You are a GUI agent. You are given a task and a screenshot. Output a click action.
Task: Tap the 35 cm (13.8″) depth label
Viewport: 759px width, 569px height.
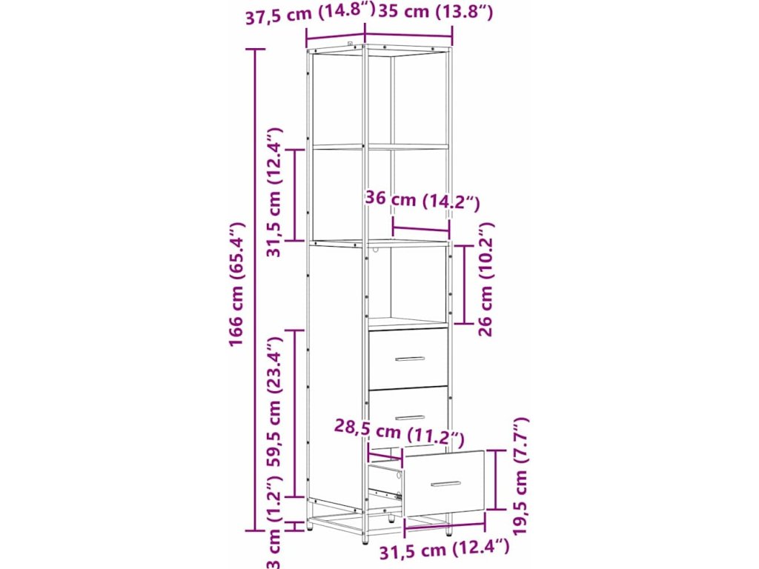click(435, 12)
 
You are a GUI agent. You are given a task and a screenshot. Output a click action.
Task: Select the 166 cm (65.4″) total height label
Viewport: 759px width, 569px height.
click(237, 284)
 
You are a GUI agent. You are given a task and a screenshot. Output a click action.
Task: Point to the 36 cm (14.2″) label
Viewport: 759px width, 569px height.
click(422, 200)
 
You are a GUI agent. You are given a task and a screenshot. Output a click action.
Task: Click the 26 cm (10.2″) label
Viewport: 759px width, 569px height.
click(485, 279)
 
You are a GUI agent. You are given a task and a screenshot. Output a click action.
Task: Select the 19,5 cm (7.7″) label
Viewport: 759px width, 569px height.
click(520, 476)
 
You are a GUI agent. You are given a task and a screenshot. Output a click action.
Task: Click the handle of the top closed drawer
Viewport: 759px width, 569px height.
click(410, 359)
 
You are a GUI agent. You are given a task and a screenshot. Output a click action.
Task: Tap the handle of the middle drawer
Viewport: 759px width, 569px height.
click(409, 417)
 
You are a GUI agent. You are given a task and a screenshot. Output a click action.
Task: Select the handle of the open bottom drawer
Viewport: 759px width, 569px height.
click(445, 483)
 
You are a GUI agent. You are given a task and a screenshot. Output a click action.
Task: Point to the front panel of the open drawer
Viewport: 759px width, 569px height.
click(445, 483)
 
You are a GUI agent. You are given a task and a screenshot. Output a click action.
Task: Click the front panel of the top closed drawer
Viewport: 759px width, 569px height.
click(408, 359)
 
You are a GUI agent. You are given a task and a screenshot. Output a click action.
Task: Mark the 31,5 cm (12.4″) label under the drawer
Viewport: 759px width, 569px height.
click(444, 550)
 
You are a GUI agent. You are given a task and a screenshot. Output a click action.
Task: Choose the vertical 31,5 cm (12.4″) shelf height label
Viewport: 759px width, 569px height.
click(274, 192)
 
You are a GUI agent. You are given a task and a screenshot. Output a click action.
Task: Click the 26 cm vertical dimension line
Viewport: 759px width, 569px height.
click(465, 284)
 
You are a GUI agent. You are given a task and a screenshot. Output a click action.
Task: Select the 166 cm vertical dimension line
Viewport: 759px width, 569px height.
click(256, 290)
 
